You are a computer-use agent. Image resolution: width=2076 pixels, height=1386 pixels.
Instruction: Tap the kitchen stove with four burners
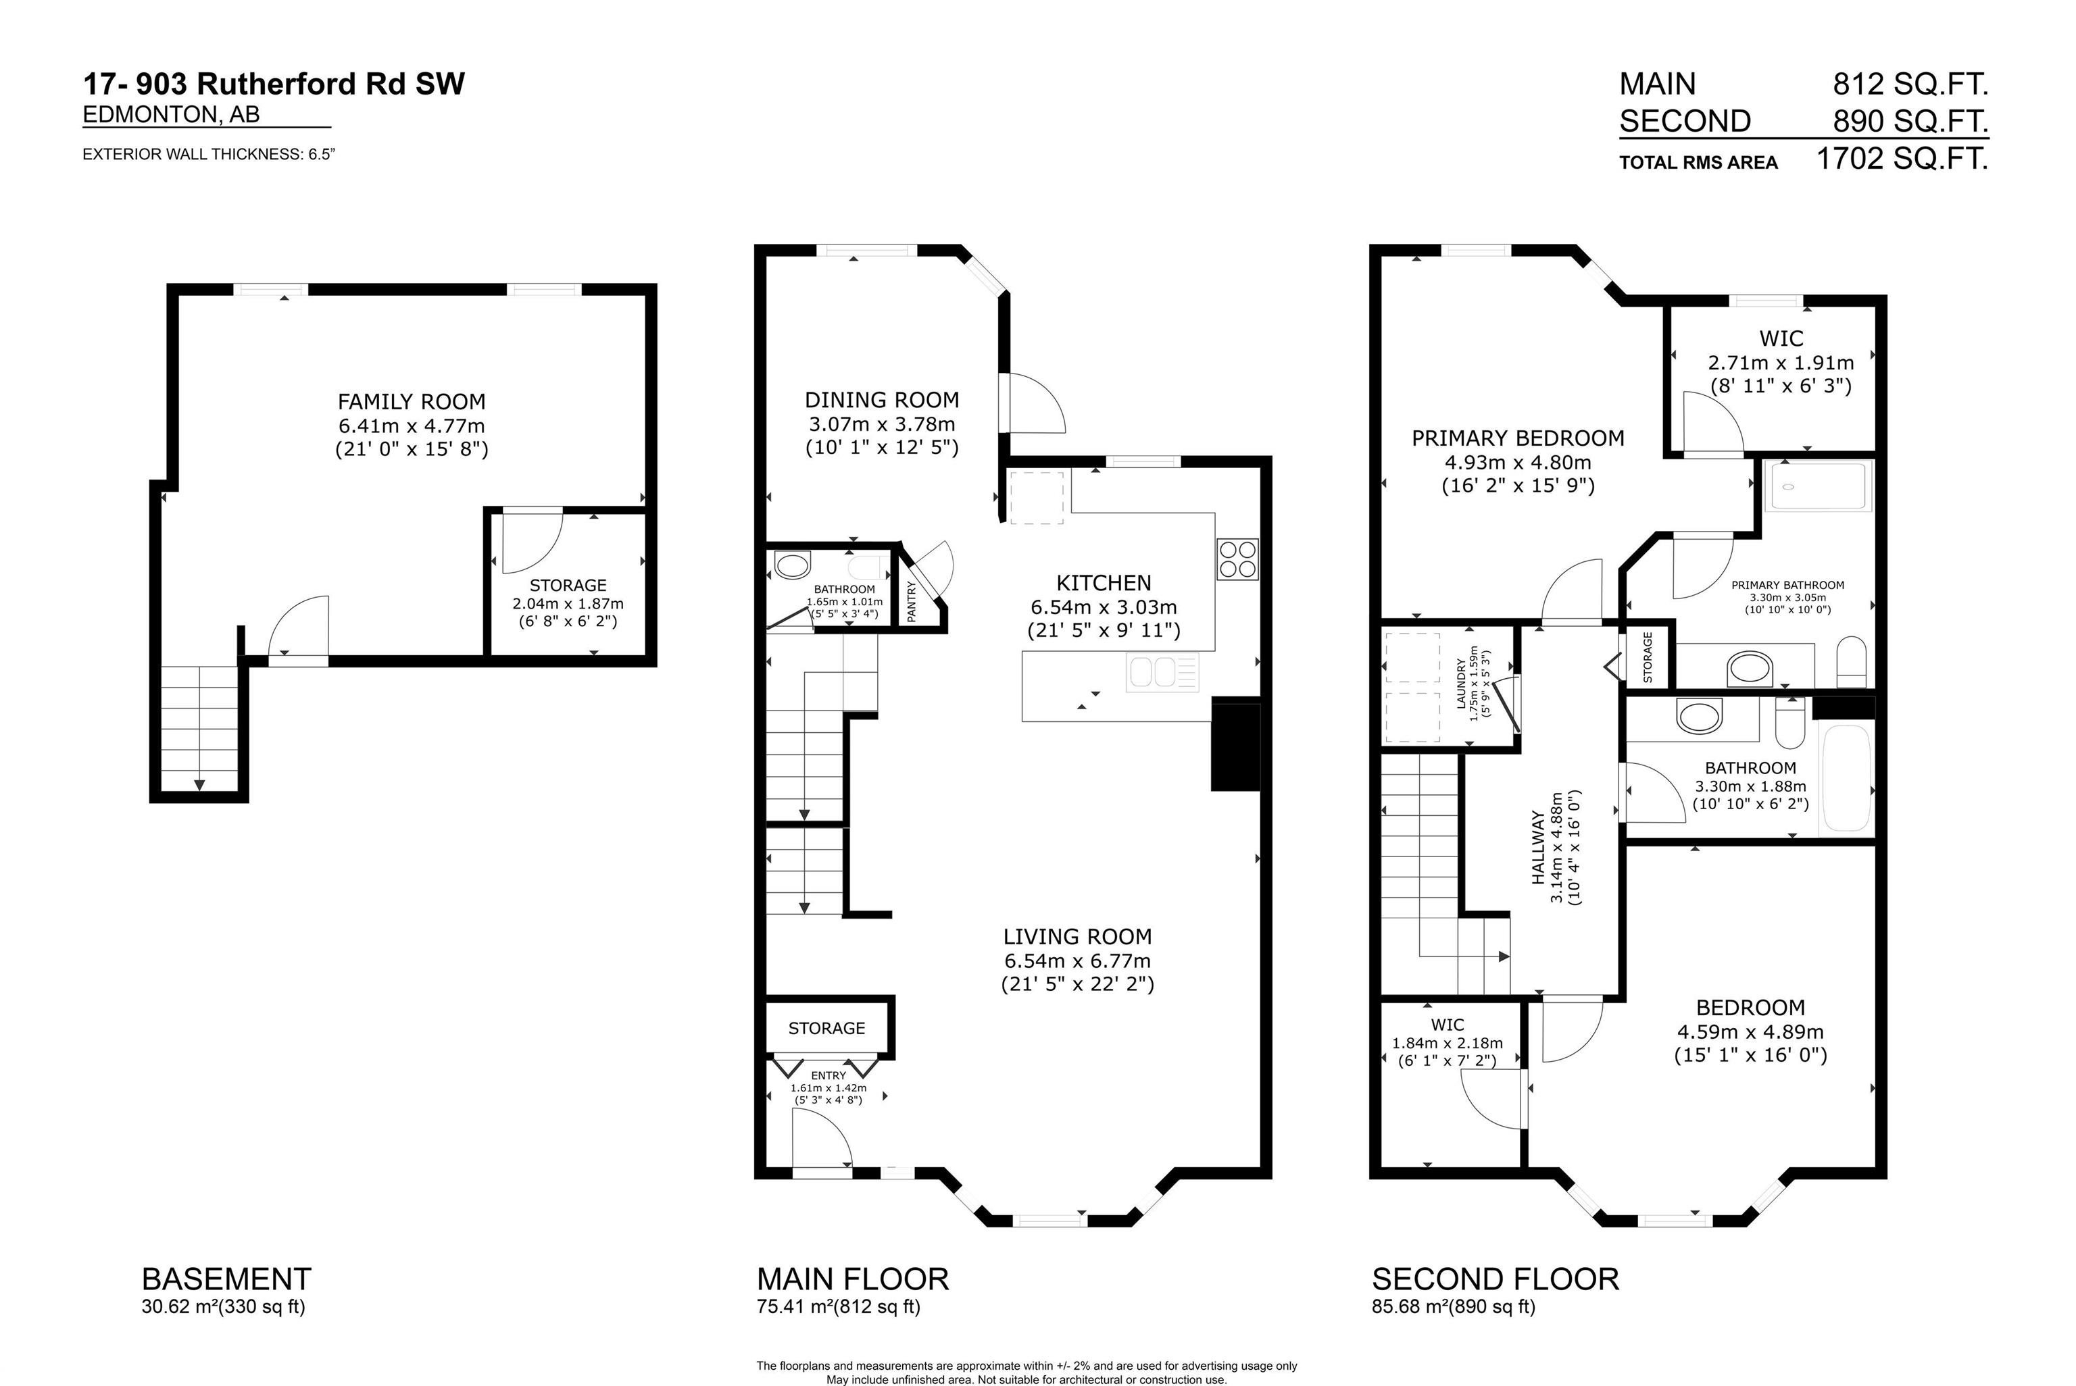coord(1237,559)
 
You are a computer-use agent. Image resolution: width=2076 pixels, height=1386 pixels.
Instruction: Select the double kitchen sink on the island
coord(1162,673)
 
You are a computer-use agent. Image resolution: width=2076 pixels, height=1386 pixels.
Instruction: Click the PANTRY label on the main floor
coord(912,601)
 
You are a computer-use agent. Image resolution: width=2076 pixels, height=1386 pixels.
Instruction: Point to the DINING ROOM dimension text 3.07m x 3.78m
coord(881,423)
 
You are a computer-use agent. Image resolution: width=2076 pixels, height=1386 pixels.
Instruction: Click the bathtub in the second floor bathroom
coord(1846,778)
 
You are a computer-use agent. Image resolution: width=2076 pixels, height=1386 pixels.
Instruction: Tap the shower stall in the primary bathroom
coord(1818,486)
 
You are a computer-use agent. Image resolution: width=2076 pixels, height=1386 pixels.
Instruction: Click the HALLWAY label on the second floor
coord(1539,848)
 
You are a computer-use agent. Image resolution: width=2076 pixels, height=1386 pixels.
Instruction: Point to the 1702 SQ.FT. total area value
coord(1901,159)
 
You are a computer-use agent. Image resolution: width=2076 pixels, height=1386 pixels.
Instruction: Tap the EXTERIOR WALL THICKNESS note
coord(209,154)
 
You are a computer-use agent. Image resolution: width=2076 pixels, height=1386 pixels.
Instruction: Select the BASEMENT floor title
coord(226,1279)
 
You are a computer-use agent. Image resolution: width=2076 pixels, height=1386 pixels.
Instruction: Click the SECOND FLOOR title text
coord(1495,1279)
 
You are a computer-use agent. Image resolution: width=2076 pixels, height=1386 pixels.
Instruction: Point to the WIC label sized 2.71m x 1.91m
coord(1781,338)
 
